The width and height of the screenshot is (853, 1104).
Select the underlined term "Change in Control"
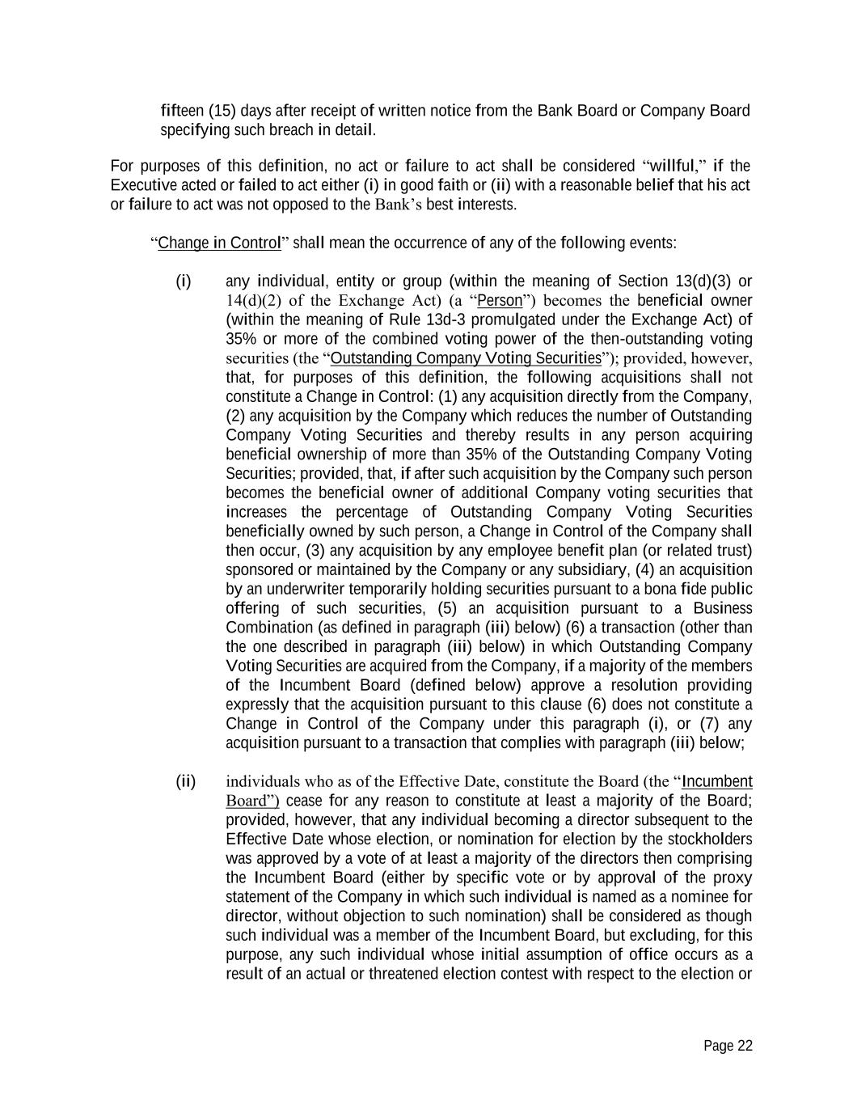[x=219, y=243]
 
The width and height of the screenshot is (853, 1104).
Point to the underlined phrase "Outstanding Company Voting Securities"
[x=467, y=358]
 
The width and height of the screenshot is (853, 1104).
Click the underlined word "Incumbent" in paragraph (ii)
[x=717, y=781]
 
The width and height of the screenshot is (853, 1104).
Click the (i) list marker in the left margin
[x=184, y=281]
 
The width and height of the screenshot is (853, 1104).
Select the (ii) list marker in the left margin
[x=186, y=781]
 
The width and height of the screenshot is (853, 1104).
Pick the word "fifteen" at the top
[x=182, y=111]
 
